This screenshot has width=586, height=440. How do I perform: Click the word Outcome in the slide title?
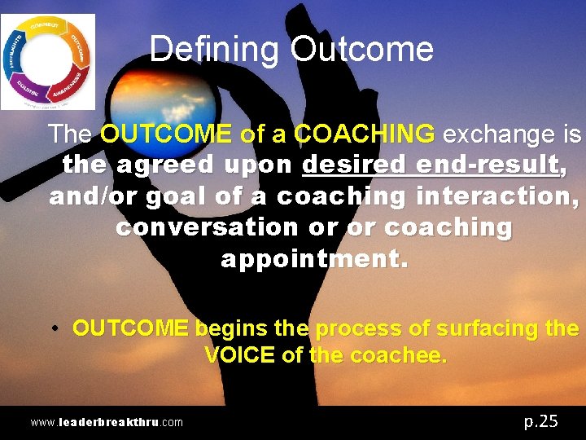click(x=362, y=50)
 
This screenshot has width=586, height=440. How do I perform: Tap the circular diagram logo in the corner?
click(x=48, y=62)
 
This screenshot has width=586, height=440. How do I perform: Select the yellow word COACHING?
click(x=365, y=133)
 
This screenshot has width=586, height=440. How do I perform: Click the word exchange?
click(x=492, y=133)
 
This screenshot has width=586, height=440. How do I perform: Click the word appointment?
click(x=313, y=259)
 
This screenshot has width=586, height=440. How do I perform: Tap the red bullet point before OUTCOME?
click(x=54, y=328)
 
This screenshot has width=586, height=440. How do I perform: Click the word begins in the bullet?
click(x=231, y=328)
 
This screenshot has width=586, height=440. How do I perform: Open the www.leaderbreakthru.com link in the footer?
click(x=107, y=422)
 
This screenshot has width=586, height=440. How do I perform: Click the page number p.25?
click(x=540, y=420)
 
